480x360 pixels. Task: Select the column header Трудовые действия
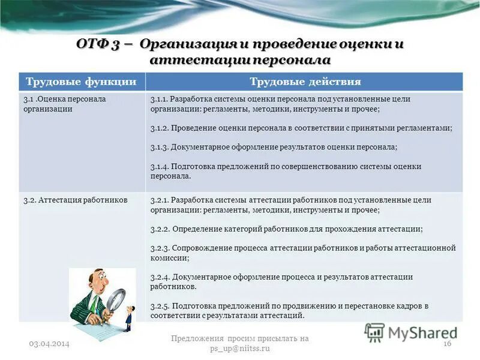tap(305, 82)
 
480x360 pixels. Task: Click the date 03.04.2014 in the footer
tap(49, 343)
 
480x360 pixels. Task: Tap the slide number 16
tap(446, 343)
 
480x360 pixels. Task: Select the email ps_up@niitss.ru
tap(239, 348)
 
